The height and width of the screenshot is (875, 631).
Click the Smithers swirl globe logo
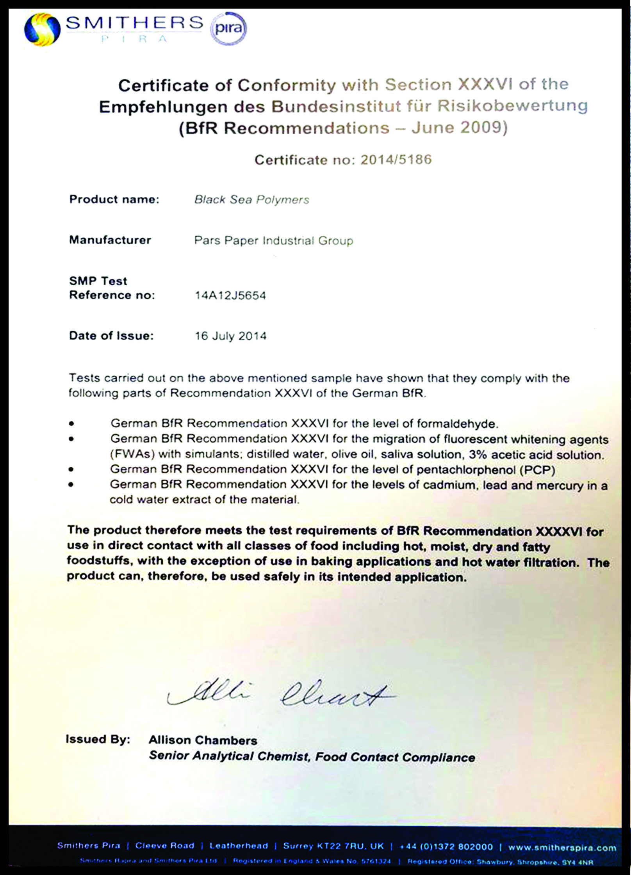click(x=42, y=29)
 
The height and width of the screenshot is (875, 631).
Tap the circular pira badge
click(x=228, y=28)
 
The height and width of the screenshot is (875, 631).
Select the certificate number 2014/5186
click(x=396, y=160)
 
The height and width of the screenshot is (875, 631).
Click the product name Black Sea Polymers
click(x=252, y=200)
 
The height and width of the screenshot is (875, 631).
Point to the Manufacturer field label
click(x=110, y=240)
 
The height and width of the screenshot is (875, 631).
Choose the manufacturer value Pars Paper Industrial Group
click(x=274, y=240)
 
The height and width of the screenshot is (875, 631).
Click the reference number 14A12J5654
click(x=230, y=295)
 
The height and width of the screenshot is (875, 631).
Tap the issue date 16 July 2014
click(x=230, y=336)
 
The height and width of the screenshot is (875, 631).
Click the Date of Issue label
click(x=111, y=336)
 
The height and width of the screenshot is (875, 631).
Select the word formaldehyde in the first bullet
click(x=457, y=424)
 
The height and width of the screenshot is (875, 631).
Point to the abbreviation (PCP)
click(x=537, y=470)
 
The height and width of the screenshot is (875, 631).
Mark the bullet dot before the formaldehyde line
click(x=71, y=423)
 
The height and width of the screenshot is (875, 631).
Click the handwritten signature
click(x=281, y=695)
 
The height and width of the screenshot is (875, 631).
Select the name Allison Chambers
click(x=203, y=740)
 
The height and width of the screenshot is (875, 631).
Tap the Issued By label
click(x=98, y=740)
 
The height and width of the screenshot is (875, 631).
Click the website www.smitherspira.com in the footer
click(x=562, y=847)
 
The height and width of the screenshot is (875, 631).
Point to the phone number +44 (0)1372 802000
click(x=446, y=847)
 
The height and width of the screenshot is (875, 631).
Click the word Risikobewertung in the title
click(x=512, y=106)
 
